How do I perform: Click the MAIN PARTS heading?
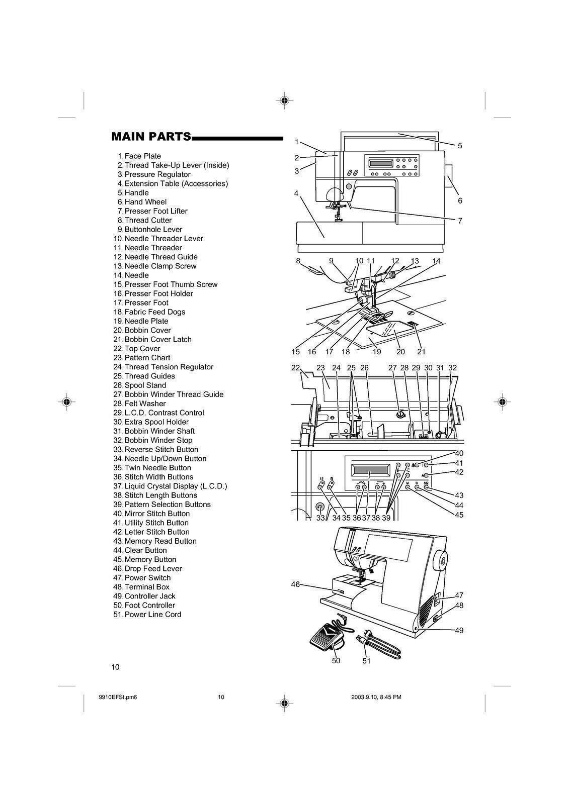(151, 137)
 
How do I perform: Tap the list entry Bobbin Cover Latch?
(157, 339)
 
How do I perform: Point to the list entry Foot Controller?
(149, 605)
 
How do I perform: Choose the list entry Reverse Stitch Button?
(161, 449)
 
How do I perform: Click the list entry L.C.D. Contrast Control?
(164, 413)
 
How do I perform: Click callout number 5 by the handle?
(460, 146)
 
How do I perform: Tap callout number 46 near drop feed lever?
(295, 584)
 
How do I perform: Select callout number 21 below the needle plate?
(421, 351)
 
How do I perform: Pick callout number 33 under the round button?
(320, 518)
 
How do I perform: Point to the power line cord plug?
(361, 640)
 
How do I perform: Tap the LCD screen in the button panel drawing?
(369, 474)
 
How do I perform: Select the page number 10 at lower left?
(116, 667)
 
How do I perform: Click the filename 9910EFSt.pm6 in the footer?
(119, 697)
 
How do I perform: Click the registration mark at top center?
(284, 100)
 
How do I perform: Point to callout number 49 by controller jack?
(459, 630)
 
